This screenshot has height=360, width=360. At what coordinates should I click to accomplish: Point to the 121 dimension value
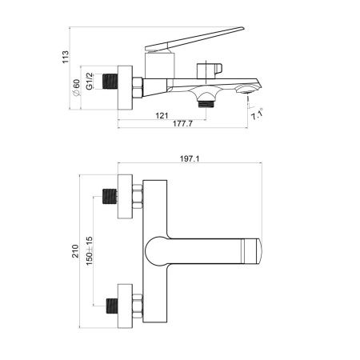(x=162, y=115)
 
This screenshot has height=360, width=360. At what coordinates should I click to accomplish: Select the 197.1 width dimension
(x=190, y=159)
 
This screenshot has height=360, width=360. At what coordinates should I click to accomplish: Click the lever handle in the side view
(x=200, y=40)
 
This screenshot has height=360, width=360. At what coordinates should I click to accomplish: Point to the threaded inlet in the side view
(x=110, y=82)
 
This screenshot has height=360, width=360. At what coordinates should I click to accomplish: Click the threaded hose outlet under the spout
(x=206, y=101)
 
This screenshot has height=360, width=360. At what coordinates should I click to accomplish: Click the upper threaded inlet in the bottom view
(x=110, y=194)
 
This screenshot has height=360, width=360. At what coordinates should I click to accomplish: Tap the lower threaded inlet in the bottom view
(x=110, y=303)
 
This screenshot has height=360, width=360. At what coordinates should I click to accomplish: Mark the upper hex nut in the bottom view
(x=138, y=194)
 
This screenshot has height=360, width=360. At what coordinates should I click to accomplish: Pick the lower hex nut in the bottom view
(x=138, y=303)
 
